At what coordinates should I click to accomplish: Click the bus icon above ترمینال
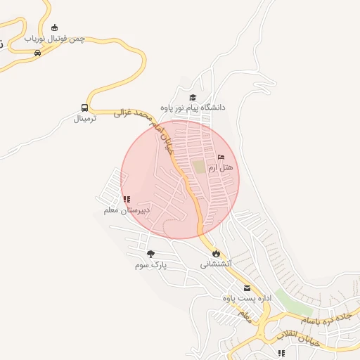coord(85,108)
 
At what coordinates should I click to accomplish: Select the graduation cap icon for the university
coord(193,97)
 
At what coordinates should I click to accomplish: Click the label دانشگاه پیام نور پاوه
coord(193,108)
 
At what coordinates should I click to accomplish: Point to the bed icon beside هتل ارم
coord(221,157)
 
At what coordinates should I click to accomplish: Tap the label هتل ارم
coord(220,168)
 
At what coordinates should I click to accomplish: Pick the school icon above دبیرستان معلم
coord(126,200)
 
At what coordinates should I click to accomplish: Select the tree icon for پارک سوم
coord(150,254)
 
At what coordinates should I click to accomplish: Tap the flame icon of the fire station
coord(215,253)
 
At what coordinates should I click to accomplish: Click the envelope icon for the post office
coord(247,288)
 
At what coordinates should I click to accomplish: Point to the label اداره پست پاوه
coord(247,299)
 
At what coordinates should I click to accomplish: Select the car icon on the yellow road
coord(37,53)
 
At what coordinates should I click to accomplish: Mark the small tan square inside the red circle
coord(200,167)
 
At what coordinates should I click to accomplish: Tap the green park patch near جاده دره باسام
coord(292,297)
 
